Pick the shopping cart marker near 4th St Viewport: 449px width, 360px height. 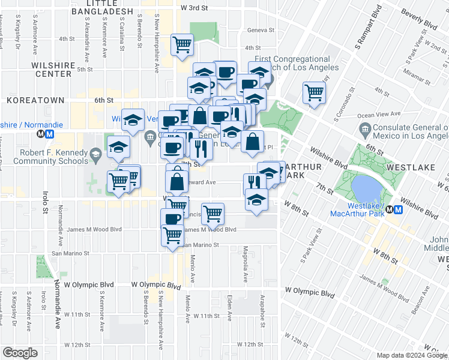point(182,44)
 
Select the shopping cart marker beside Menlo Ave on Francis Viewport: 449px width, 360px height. point(212,212)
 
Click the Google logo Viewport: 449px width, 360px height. point(20,353)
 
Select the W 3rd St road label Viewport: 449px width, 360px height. point(193,7)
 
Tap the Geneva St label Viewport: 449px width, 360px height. point(262,30)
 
